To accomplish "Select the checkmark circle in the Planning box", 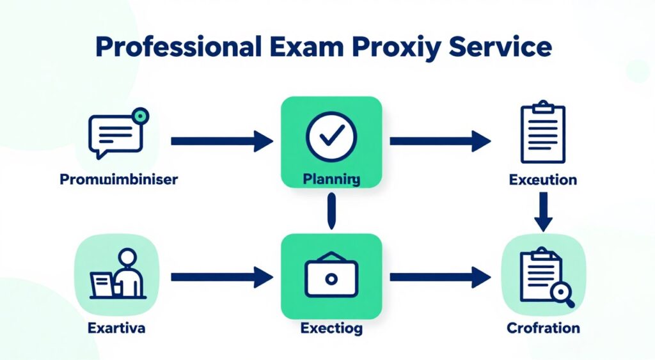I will pos(331,135).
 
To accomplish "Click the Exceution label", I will pos(542,180).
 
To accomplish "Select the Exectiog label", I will pos(331,329).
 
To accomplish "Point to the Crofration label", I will pos(542,329).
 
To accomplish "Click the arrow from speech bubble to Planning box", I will pos(221,141).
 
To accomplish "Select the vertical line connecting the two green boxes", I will pos(331,212).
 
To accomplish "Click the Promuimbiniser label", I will pos(118,180).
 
